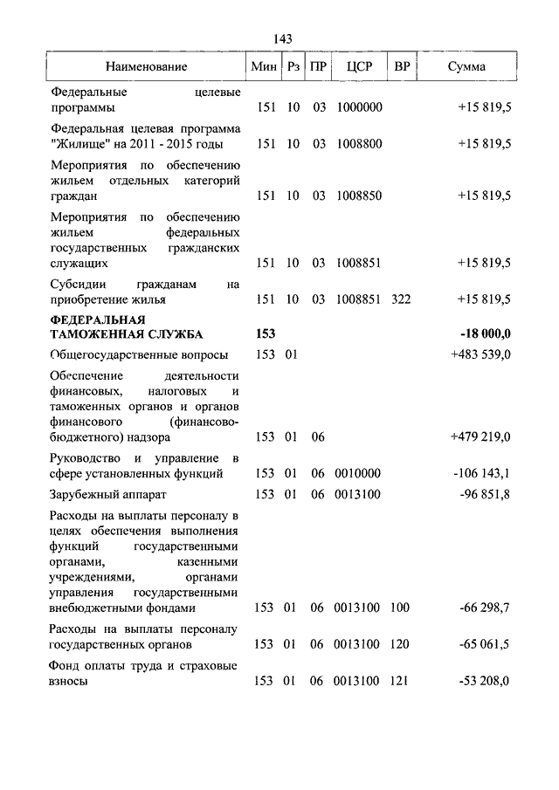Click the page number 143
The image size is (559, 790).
[x=282, y=38]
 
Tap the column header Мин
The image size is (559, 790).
[x=263, y=66]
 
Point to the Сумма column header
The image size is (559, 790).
[x=467, y=66]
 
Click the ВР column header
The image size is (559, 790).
[x=402, y=66]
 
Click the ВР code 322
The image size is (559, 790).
[x=401, y=299]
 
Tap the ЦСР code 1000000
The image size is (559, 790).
[x=359, y=107]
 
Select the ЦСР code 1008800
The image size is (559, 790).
[x=359, y=144]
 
